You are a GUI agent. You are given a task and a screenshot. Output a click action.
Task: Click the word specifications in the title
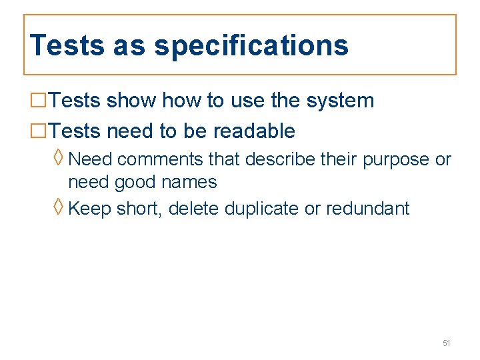[x=251, y=46]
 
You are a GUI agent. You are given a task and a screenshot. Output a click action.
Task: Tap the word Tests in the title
[x=67, y=45]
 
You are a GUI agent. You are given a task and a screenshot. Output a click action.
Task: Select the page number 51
[x=447, y=343]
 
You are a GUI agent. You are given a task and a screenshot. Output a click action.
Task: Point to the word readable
[x=254, y=131]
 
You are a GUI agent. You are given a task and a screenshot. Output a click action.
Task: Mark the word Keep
[x=90, y=209]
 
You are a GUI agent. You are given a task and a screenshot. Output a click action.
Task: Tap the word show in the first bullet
[x=131, y=101]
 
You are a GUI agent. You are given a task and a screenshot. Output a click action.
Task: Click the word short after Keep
[x=139, y=209]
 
